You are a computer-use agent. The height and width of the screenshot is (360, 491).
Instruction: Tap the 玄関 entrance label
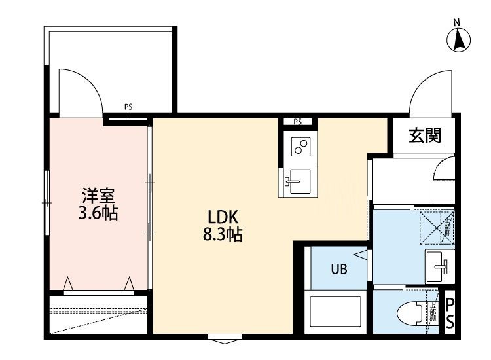tap(425, 135)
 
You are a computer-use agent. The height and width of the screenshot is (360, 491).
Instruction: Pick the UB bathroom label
tap(338, 268)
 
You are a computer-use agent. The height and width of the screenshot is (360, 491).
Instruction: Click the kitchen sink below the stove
tap(299, 178)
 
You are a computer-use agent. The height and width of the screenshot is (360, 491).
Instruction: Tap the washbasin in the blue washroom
tap(438, 265)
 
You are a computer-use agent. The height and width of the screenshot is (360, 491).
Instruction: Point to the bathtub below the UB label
tap(335, 313)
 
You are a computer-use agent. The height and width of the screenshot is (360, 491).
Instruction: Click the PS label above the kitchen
tap(298, 121)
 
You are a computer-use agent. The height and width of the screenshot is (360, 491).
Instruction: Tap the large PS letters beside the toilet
tap(450, 313)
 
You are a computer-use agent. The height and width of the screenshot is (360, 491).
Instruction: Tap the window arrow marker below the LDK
tap(223, 339)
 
